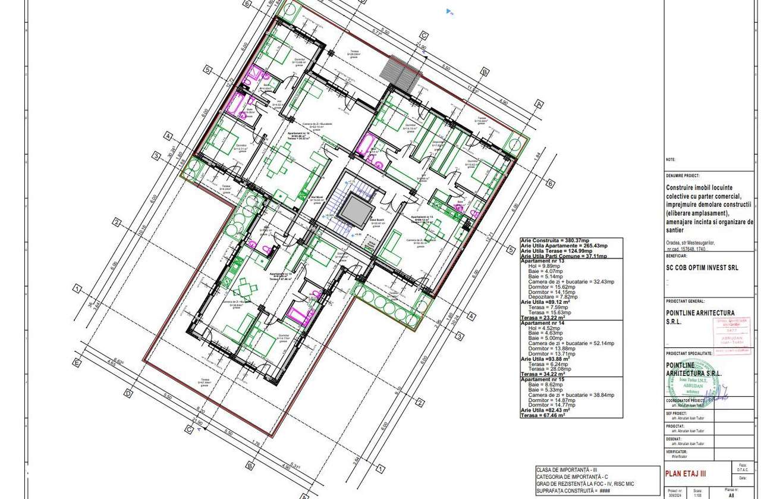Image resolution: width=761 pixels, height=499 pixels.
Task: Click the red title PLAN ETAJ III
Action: pos(685,473)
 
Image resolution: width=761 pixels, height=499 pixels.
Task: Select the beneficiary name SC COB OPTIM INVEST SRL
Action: pos(702,268)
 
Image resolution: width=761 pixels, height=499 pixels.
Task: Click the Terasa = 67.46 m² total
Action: pos(543,415)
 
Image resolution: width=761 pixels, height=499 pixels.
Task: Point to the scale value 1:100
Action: pos(697,494)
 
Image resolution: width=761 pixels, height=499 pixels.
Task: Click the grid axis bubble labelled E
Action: pos(77,361)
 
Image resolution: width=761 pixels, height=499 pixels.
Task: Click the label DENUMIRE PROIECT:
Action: pos(683,176)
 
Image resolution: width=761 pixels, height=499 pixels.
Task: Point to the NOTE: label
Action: pos(671,159)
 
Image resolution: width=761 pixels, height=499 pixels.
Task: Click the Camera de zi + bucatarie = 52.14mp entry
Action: pos(571,344)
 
